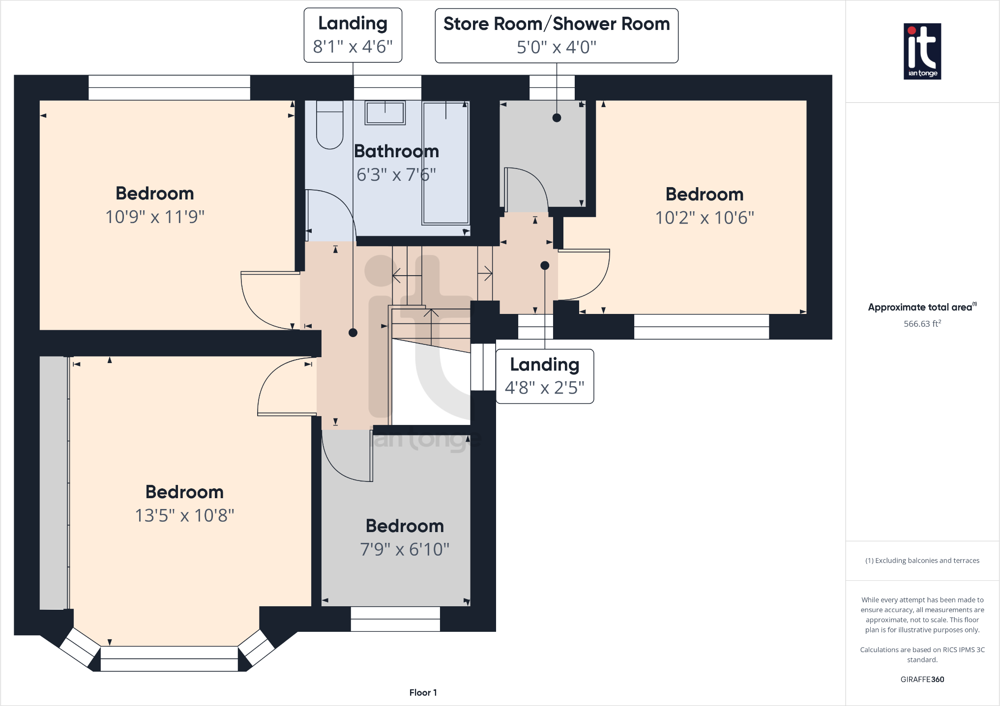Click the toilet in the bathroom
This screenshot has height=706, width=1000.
(329, 125)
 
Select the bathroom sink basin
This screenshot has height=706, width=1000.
(385, 113)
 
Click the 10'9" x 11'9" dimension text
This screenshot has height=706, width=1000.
(155, 217)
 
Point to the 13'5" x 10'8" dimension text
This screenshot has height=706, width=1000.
(184, 515)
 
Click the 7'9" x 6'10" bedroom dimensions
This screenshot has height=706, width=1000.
(405, 549)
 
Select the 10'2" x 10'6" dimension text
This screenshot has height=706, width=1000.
(705, 218)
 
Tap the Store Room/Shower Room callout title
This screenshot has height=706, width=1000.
(556, 24)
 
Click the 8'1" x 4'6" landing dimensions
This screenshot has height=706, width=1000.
(353, 47)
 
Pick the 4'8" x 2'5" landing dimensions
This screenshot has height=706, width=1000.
(544, 388)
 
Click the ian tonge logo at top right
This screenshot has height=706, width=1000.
(922, 51)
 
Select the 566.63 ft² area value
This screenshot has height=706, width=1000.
(922, 324)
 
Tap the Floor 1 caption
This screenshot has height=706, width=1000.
(423, 692)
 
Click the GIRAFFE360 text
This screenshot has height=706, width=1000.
(922, 679)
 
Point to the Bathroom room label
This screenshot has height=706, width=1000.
(396, 151)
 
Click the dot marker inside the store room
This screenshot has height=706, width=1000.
(557, 117)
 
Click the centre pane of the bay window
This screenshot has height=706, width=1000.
(169, 658)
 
